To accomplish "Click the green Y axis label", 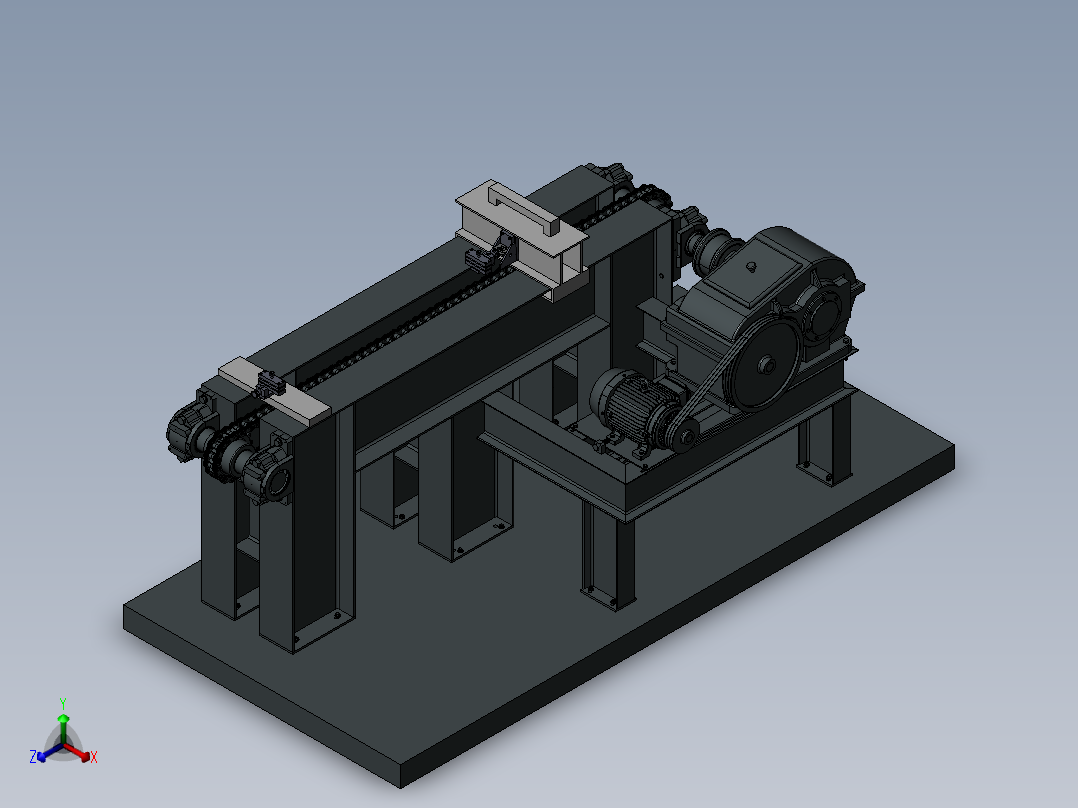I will tap(63, 703).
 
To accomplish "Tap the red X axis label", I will tap(93, 758).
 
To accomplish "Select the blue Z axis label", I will tap(33, 758).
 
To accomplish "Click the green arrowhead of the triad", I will tap(63, 718).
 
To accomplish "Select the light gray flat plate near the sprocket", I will tap(275, 390).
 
